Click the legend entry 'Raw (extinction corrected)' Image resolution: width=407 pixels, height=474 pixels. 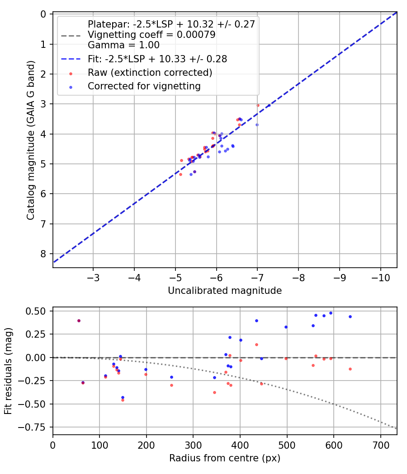click(150, 72)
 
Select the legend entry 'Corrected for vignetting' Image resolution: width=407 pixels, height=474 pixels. click(144, 86)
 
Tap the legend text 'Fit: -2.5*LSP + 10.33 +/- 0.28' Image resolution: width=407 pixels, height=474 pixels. click(157, 59)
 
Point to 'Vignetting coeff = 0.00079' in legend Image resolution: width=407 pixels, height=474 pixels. click(151, 35)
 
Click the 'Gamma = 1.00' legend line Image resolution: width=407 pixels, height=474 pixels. click(123, 45)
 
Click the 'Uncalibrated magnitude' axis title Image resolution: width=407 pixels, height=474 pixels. click(225, 291)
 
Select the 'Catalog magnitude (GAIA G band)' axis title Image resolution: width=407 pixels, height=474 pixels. click(31, 141)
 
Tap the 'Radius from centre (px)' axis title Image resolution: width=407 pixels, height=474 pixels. click(225, 458)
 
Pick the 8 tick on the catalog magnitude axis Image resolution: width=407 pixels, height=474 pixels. click(43, 254)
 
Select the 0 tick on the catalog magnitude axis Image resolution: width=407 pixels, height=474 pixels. click(43, 14)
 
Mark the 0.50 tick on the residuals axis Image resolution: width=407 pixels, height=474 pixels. click(38, 311)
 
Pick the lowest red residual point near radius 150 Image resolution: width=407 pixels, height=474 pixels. click(123, 400)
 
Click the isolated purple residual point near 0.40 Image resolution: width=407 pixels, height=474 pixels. click(79, 321)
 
